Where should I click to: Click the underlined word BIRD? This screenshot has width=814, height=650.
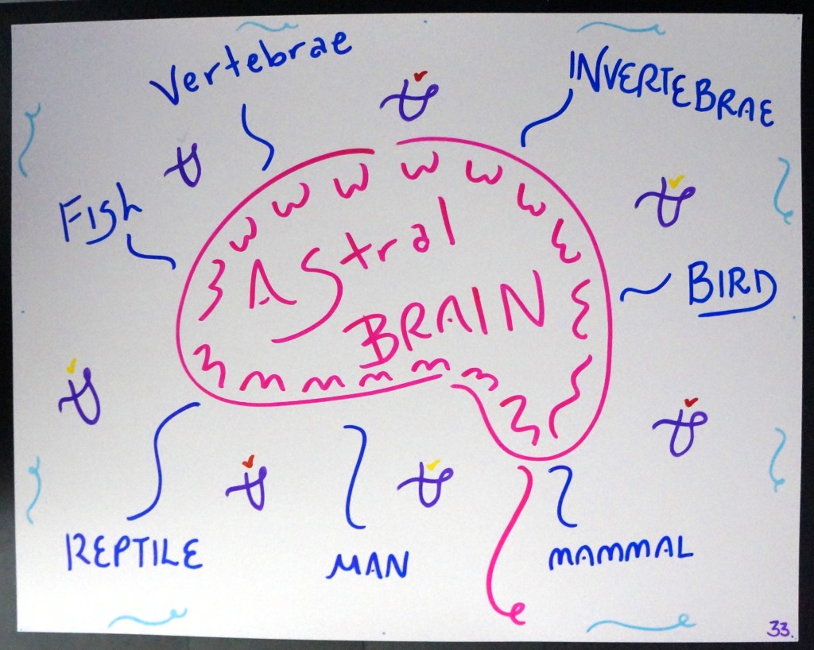(x=730, y=287)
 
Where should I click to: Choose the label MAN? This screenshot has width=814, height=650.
(x=368, y=565)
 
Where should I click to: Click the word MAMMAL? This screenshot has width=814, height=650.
(x=621, y=551)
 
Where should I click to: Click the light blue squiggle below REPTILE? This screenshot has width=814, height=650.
(x=147, y=618)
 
